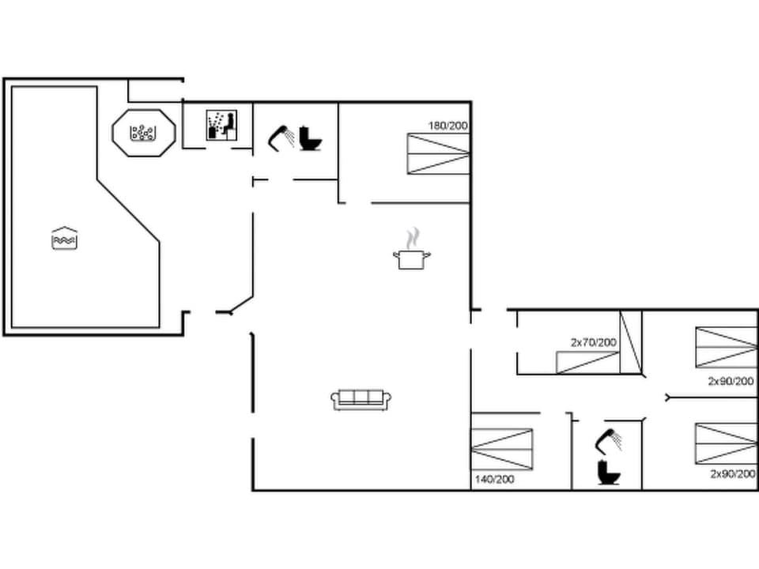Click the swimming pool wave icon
pyautogui.click(x=64, y=238)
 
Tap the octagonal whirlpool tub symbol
pyautogui.click(x=143, y=133)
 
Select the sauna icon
pyautogui.click(x=222, y=126)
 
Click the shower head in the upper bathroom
pyautogui.click(x=281, y=137)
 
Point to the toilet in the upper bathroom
pyautogui.click(x=311, y=138)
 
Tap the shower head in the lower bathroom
pyautogui.click(x=609, y=440)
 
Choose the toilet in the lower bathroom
pyautogui.click(x=609, y=473)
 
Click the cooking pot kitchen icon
pyautogui.click(x=411, y=258)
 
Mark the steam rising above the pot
pyautogui.click(x=411, y=237)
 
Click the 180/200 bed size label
pyautogui.click(x=449, y=126)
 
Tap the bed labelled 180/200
pyautogui.click(x=439, y=153)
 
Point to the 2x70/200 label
pyautogui.click(x=593, y=342)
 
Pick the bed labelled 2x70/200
pyautogui.click(x=587, y=363)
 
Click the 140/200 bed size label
pyautogui.click(x=494, y=479)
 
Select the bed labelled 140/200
pyautogui.click(x=502, y=449)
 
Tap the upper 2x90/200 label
pyautogui.click(x=731, y=381)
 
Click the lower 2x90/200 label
pyautogui.click(x=732, y=474)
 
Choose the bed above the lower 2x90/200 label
pyautogui.click(x=726, y=443)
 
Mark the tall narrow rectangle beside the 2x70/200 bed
pyautogui.click(x=630, y=341)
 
